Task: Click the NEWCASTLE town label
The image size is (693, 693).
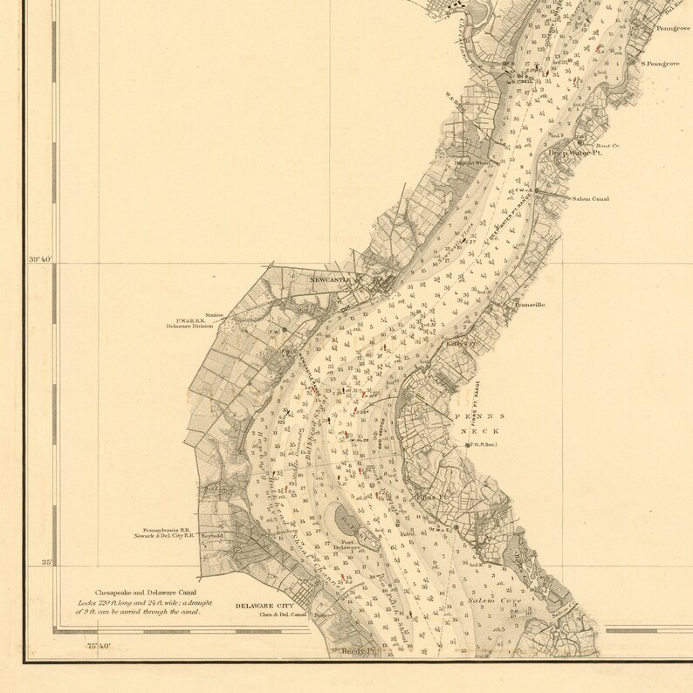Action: [330, 279]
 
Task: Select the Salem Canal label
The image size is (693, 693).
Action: [590, 199]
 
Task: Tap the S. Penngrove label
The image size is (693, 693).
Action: [660, 64]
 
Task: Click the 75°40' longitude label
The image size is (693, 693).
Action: [99, 646]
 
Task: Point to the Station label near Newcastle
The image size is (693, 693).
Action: [214, 315]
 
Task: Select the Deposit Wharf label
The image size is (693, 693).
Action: [470, 162]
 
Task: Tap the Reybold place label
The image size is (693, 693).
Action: [213, 536]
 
